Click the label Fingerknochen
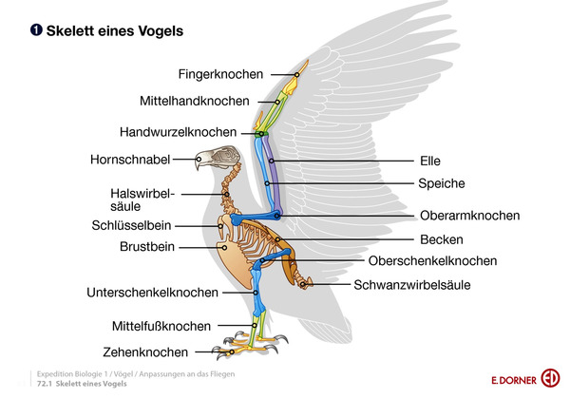[x=221, y=73]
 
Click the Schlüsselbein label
[x=131, y=225]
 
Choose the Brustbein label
[x=146, y=246]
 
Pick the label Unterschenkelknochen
[x=152, y=292]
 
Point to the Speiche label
[x=441, y=182]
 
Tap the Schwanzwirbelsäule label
[x=412, y=284]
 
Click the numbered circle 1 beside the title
[x=34, y=31]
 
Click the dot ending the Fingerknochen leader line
[x=295, y=73]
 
